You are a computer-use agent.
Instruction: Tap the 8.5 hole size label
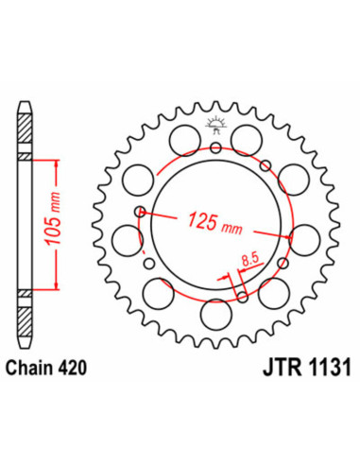click(x=249, y=257)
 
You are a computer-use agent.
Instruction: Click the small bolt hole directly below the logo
click(x=216, y=146)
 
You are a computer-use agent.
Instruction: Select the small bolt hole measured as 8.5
click(x=243, y=298)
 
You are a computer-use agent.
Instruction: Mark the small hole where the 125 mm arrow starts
click(x=141, y=212)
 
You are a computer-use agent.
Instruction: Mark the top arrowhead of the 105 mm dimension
click(x=58, y=162)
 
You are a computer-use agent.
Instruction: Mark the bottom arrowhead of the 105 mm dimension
click(x=58, y=285)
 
